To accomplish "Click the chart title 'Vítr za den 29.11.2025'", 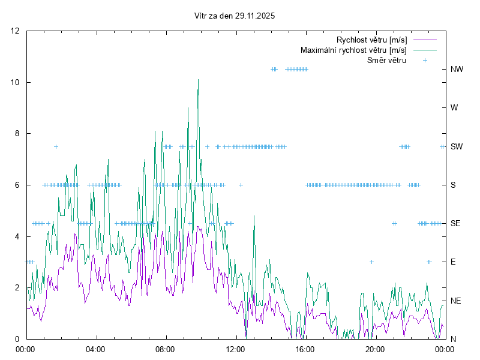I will pos(235,16).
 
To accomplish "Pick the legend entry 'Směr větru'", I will pos(386,61).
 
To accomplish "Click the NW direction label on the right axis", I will pos(457,70).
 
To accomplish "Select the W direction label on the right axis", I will pos(454,108).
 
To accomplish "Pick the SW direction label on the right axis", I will pos(456,146).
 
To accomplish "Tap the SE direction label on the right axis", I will pos(455,224).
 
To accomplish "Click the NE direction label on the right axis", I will pos(455,301).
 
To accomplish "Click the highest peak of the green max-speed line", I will pos(198,80).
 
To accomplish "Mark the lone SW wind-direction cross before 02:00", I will pos(56,146).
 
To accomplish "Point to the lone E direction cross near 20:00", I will pos(372,262).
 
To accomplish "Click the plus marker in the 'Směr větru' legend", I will pos(425,61).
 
